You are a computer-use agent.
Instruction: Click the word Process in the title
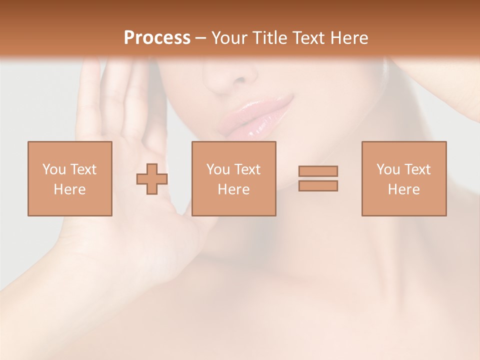157,38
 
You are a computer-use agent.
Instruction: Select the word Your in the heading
228,38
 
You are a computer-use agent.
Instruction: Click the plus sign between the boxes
152,178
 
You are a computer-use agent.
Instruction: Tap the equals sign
318,178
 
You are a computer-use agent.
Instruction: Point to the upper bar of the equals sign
318,171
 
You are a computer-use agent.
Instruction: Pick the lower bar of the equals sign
318,186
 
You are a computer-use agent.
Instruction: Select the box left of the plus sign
69,178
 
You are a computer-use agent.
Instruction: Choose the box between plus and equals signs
233,178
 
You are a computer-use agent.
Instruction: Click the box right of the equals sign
403,178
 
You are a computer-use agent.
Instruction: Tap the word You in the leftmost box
54,169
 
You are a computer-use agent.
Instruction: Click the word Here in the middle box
233,189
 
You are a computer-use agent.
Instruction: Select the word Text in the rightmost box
417,169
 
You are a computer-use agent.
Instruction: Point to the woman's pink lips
257,117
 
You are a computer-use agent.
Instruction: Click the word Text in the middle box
247,169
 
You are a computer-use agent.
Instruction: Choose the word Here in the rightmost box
403,189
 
